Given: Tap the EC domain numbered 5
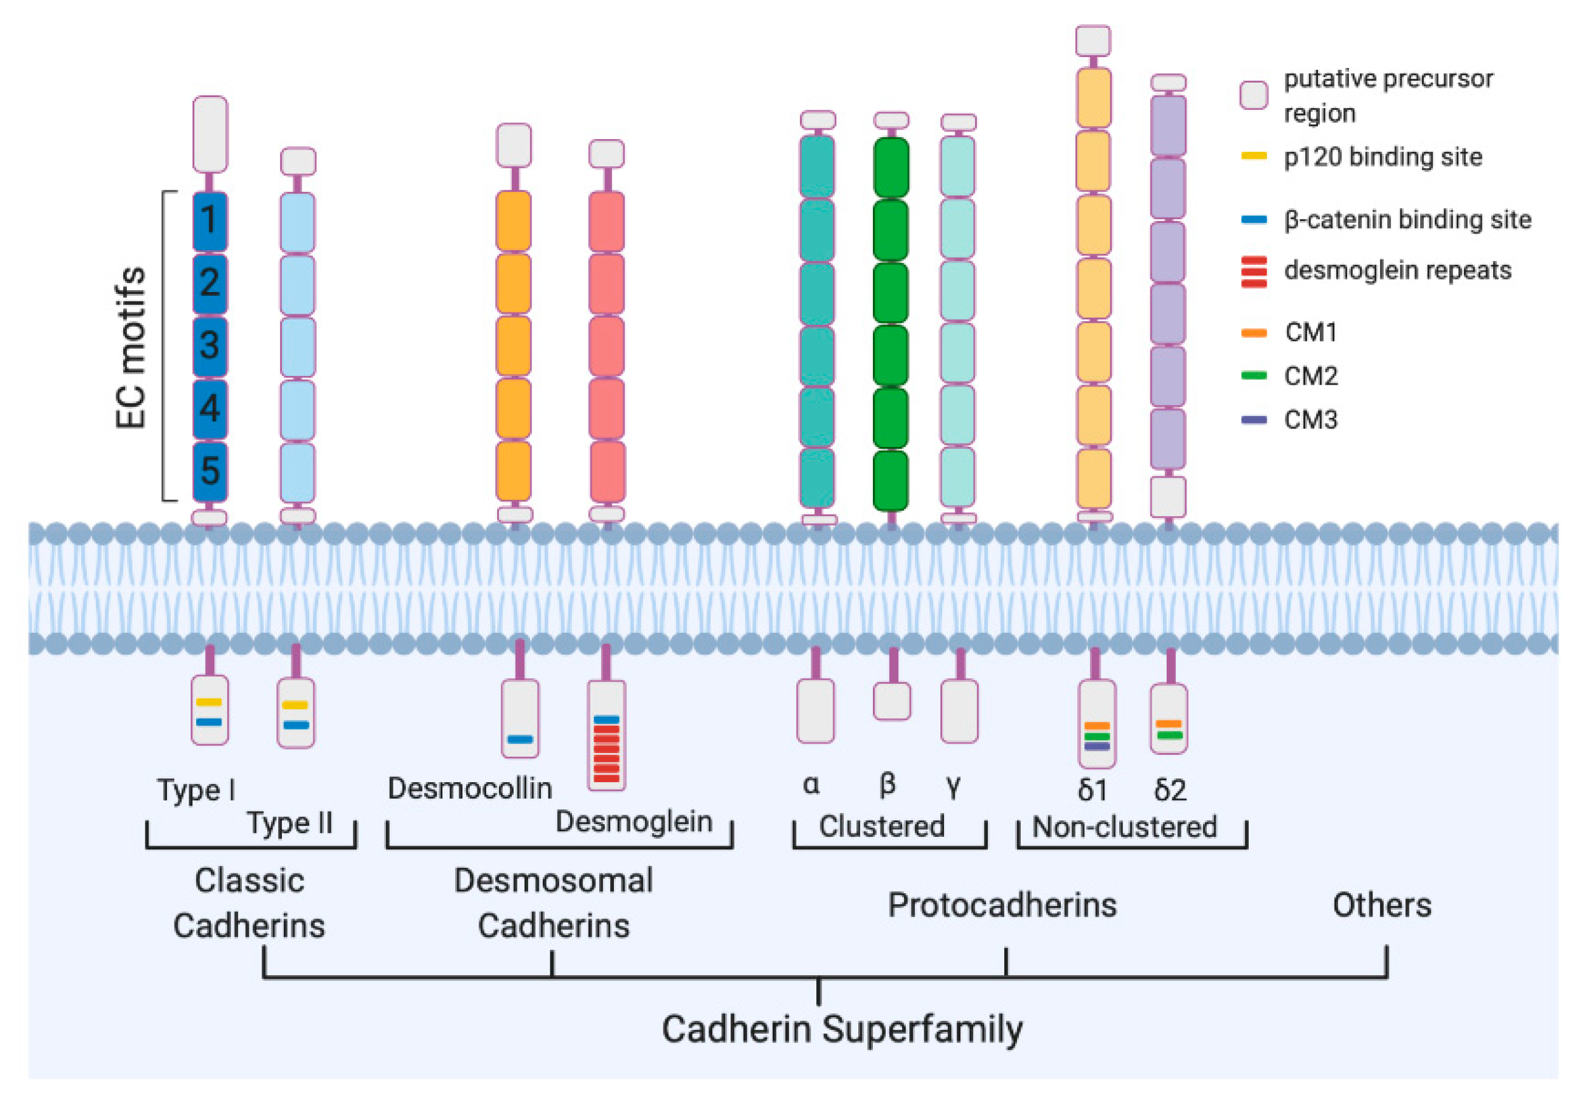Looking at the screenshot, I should pos(209,470).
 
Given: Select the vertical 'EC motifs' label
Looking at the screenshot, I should pos(131,347).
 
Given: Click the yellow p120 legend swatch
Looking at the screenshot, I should pos(1253,156).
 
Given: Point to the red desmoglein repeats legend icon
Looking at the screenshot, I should pos(1253,272).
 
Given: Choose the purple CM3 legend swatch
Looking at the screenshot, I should pos(1253,420).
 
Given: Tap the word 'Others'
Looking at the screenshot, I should pos(1381,905).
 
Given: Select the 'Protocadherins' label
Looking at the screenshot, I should pos(1002,905).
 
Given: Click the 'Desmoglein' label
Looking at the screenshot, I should pos(633,822).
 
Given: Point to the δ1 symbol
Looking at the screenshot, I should pos(1092,790).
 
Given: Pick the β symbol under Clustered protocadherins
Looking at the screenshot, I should pos(887,784).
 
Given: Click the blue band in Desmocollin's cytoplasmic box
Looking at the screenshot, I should pos(519,740).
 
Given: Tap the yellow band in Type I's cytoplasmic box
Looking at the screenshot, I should pos(209,702).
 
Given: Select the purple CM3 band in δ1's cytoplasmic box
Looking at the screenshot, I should pos(1096,746).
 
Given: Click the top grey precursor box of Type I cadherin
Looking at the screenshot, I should pos(209,135).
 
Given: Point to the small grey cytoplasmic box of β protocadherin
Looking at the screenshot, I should pos(891,702).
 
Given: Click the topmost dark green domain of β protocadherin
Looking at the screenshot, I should pos(891,168).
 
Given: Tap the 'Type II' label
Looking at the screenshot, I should pos(289,823).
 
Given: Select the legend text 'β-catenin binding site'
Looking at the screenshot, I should pos(1407,220).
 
